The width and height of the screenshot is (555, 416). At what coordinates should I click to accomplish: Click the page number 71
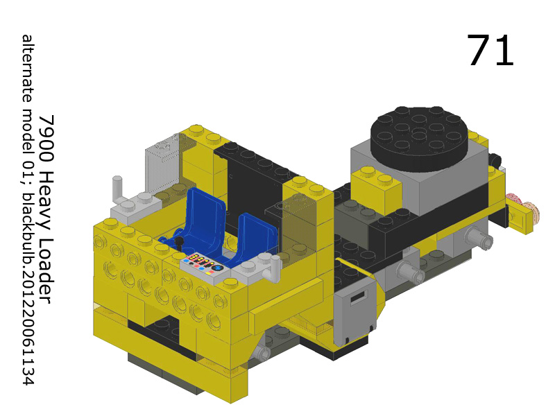click(x=490, y=51)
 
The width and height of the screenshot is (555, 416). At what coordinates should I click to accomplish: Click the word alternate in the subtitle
click(x=28, y=67)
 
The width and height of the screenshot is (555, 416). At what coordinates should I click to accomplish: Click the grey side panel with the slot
click(x=355, y=315)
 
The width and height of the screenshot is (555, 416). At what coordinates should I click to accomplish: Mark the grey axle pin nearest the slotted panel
click(x=413, y=273)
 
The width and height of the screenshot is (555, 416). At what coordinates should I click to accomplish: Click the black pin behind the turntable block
click(x=495, y=159)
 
